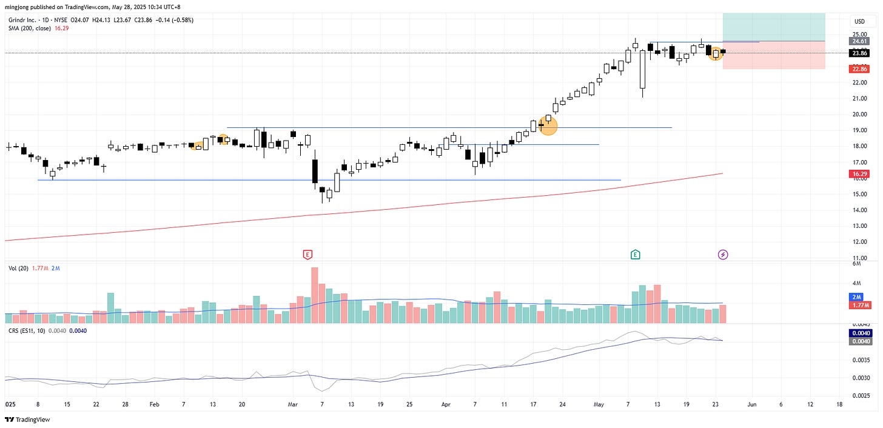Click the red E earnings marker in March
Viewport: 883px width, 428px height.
308,255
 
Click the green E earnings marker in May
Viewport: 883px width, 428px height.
635,255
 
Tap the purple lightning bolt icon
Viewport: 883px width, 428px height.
723,255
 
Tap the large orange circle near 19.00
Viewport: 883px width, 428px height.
548,126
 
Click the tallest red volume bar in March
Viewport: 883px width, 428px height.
315,295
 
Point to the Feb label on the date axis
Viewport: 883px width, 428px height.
153,404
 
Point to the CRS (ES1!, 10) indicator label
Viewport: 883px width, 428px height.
27,330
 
